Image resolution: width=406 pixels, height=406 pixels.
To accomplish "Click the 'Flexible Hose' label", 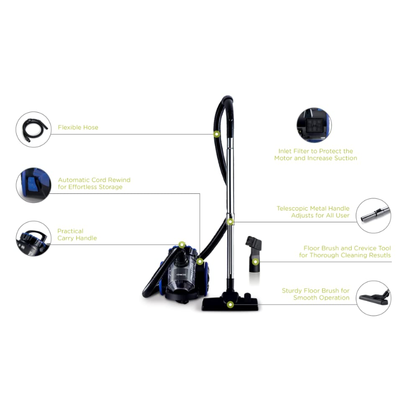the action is pos(78,127).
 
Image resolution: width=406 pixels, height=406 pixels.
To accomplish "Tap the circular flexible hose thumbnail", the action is pos(33,129).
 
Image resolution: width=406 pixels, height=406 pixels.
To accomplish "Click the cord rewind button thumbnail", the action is pos(33,185).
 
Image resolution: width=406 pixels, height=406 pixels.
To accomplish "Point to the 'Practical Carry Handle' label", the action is pos(77,234).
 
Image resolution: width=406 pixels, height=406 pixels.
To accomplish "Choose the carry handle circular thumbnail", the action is pos(33,239).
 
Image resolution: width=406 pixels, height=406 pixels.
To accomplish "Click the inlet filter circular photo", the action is pos(314,125).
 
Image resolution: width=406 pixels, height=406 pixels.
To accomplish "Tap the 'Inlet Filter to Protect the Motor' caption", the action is pos(316,155).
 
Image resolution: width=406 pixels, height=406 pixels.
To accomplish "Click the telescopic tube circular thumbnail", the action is pos(374,216).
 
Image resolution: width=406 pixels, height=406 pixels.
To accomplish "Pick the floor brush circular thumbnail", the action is pos(374,298).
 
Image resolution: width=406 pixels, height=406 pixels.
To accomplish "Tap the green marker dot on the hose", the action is pos(217,134).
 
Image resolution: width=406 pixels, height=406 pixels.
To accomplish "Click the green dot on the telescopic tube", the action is pos(230,222).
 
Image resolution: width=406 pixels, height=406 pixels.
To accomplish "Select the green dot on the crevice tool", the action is pos(255,262).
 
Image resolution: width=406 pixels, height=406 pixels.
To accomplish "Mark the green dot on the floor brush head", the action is pos(230,304).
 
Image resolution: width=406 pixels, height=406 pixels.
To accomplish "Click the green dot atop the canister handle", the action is pos(182,245).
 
